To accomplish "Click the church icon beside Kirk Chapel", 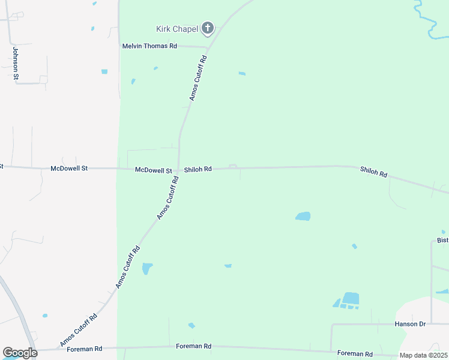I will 208,28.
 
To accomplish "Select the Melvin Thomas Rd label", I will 149,46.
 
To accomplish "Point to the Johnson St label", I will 16,64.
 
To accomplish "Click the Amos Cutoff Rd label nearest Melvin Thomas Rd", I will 198,78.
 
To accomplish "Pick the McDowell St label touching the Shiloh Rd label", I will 154,170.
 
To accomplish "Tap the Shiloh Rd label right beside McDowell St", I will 198,170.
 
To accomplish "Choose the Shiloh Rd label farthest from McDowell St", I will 373,172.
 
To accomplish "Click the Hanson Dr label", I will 410,324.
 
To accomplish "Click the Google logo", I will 20,353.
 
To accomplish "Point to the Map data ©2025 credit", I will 423,355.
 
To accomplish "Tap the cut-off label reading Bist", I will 443,241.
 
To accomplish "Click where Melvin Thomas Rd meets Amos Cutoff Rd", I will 207,47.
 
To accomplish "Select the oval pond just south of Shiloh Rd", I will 303,216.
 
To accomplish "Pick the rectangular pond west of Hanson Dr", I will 350,298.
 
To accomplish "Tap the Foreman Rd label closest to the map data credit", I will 355,353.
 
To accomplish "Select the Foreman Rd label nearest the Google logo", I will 85,348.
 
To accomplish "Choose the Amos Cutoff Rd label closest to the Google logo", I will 78,331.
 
